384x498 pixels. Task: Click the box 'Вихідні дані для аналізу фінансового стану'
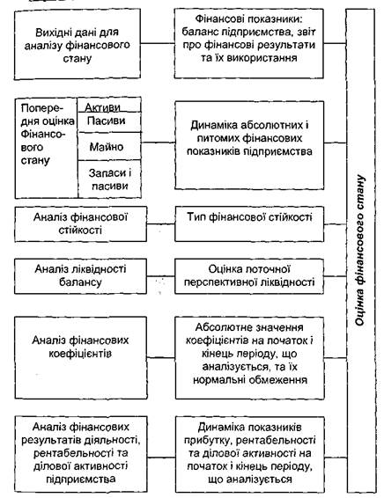78,44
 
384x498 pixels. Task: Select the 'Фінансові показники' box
249,43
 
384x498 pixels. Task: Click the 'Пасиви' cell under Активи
110,122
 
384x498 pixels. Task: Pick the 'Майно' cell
110,146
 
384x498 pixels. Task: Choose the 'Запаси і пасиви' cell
110,179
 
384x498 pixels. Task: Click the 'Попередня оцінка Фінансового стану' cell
47,148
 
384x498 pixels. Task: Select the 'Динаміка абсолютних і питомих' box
249,145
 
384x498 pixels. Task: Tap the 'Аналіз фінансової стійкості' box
80,223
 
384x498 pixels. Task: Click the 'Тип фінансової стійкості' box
249,223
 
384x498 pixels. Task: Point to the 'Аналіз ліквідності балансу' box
80,276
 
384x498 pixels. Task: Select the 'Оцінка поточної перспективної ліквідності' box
249,276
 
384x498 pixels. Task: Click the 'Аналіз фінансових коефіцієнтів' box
81,357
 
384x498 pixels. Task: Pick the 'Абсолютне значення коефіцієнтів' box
250,357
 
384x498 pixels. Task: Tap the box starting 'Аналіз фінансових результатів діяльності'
81,454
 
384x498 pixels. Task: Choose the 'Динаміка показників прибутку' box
250,454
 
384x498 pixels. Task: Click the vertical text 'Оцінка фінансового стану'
360,250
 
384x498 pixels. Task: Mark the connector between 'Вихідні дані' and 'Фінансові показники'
158,43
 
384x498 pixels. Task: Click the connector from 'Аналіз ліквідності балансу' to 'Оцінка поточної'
161,276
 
